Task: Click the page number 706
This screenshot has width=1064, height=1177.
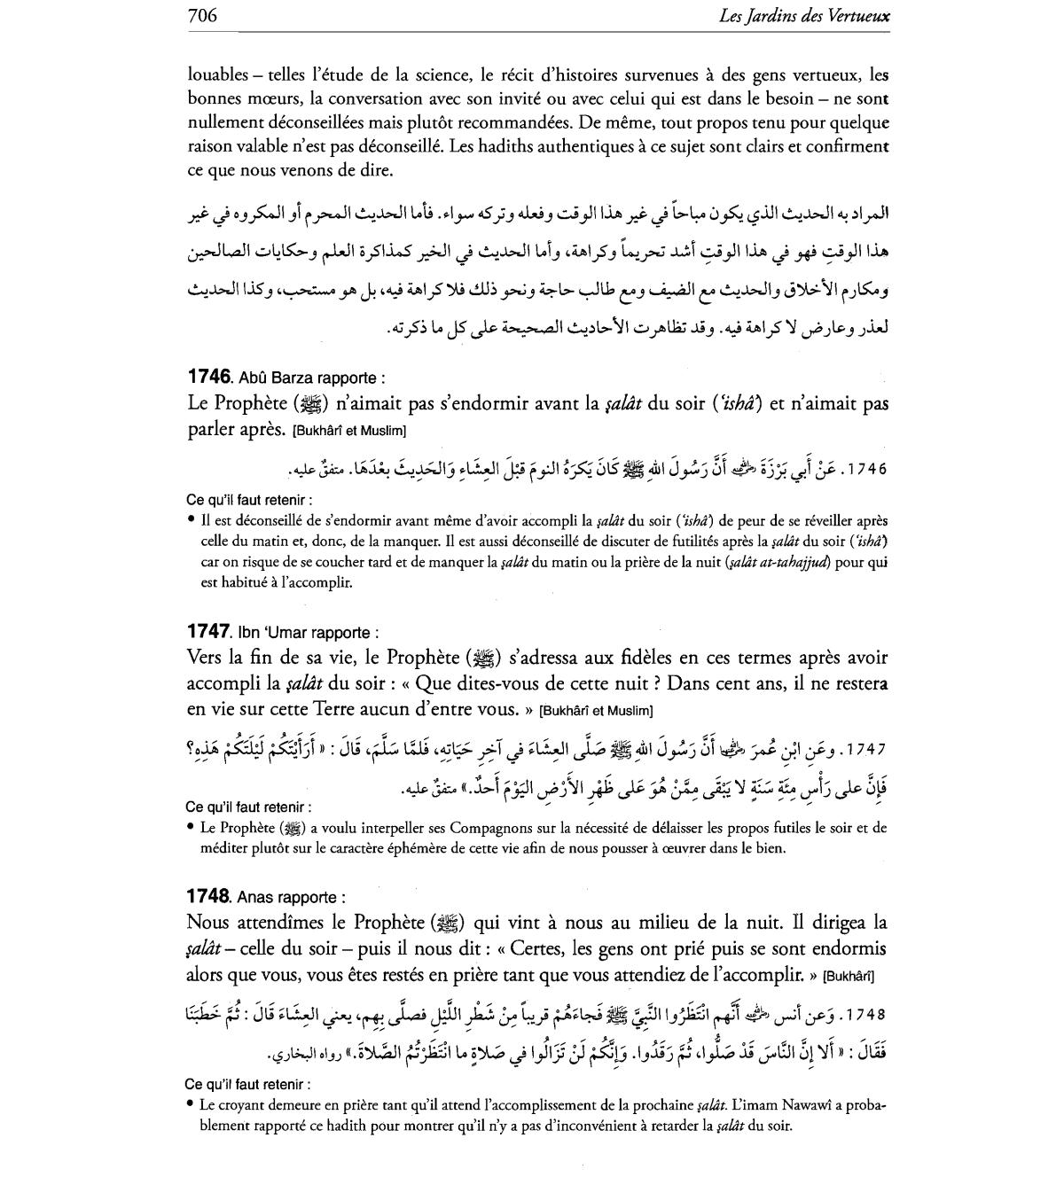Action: pyautogui.click(x=202, y=15)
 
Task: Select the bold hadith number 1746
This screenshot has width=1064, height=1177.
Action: pyautogui.click(x=209, y=377)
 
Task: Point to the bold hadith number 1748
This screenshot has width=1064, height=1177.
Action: pyautogui.click(x=209, y=895)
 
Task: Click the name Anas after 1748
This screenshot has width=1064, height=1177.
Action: pyautogui.click(x=257, y=897)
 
